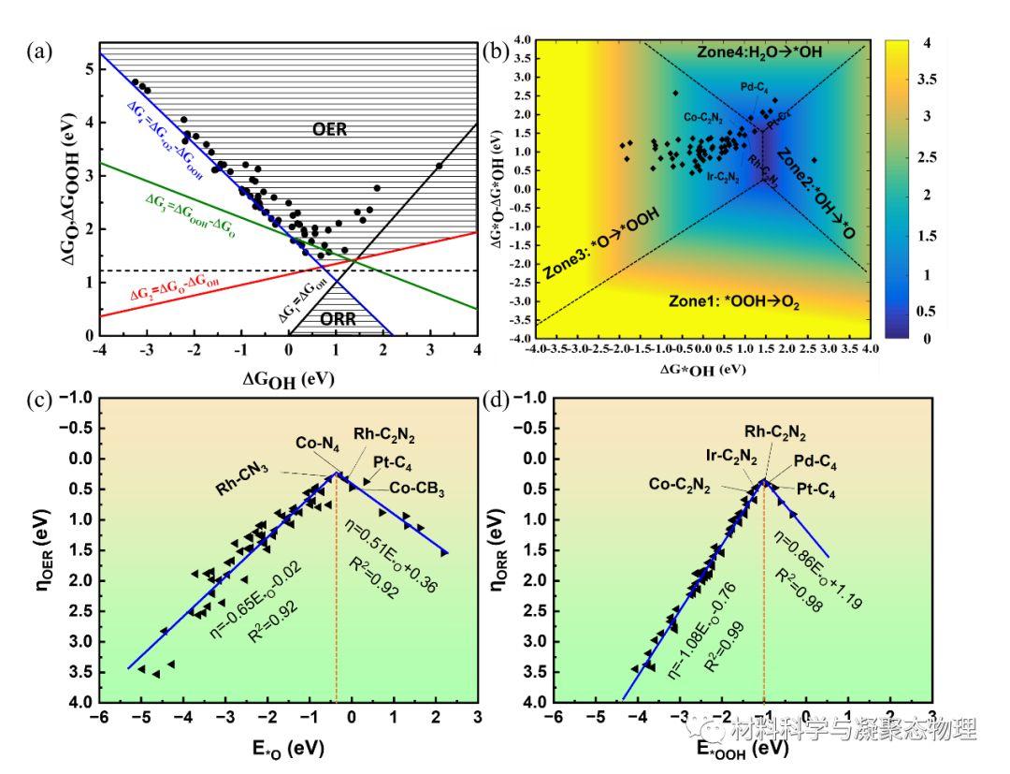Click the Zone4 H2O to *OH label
point(758,52)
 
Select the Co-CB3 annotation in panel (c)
point(417,487)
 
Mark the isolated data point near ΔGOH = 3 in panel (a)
point(439,167)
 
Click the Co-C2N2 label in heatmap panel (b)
point(701,118)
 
